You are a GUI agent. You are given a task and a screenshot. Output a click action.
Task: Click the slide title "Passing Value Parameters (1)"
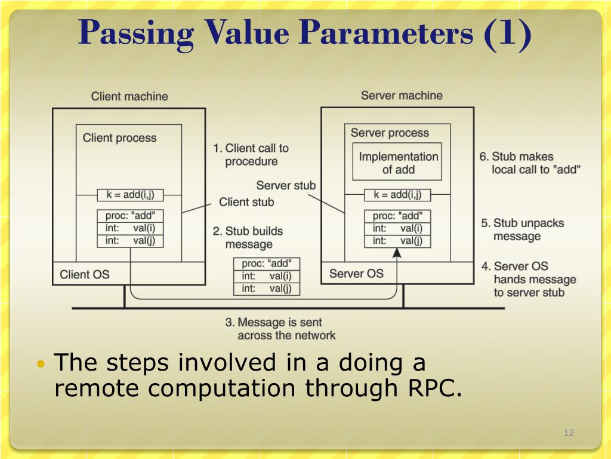tap(305, 33)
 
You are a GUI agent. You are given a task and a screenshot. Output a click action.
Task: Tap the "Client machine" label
tap(129, 96)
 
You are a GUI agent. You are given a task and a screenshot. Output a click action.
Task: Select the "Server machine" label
tap(402, 95)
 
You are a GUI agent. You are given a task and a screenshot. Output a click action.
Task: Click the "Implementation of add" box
tap(398, 163)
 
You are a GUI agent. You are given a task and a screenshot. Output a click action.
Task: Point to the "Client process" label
tap(119, 138)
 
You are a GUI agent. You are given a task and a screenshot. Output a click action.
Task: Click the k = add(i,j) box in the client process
tap(130, 195)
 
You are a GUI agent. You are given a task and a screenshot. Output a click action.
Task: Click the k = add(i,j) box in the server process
tap(397, 194)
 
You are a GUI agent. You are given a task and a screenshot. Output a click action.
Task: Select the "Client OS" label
tap(85, 275)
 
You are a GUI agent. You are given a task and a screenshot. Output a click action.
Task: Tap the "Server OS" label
tap(356, 274)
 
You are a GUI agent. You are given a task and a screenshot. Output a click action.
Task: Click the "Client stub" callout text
tap(246, 202)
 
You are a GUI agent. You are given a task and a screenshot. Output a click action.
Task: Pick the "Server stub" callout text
tap(286, 185)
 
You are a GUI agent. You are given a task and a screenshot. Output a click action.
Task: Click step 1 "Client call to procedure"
tap(251, 155)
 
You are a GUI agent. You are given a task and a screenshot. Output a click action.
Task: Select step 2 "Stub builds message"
tap(248, 237)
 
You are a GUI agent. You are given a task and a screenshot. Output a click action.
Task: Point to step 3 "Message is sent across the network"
tap(280, 329)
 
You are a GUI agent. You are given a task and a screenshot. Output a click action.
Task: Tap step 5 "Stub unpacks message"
tap(522, 229)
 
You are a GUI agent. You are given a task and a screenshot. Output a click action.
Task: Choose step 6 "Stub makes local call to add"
tap(530, 163)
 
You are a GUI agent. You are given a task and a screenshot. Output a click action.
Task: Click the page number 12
tap(569, 433)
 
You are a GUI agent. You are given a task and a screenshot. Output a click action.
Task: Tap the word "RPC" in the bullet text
tap(435, 388)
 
